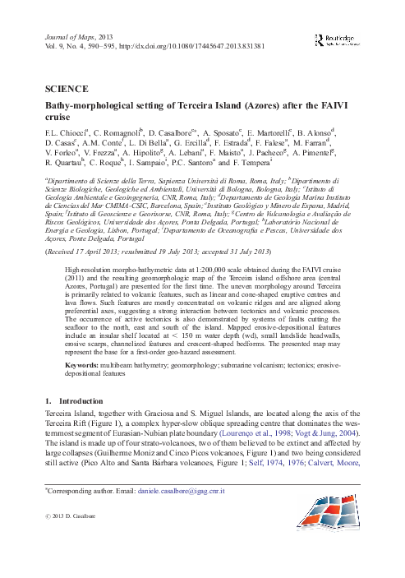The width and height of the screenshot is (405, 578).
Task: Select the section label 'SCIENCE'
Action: pos(62,85)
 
